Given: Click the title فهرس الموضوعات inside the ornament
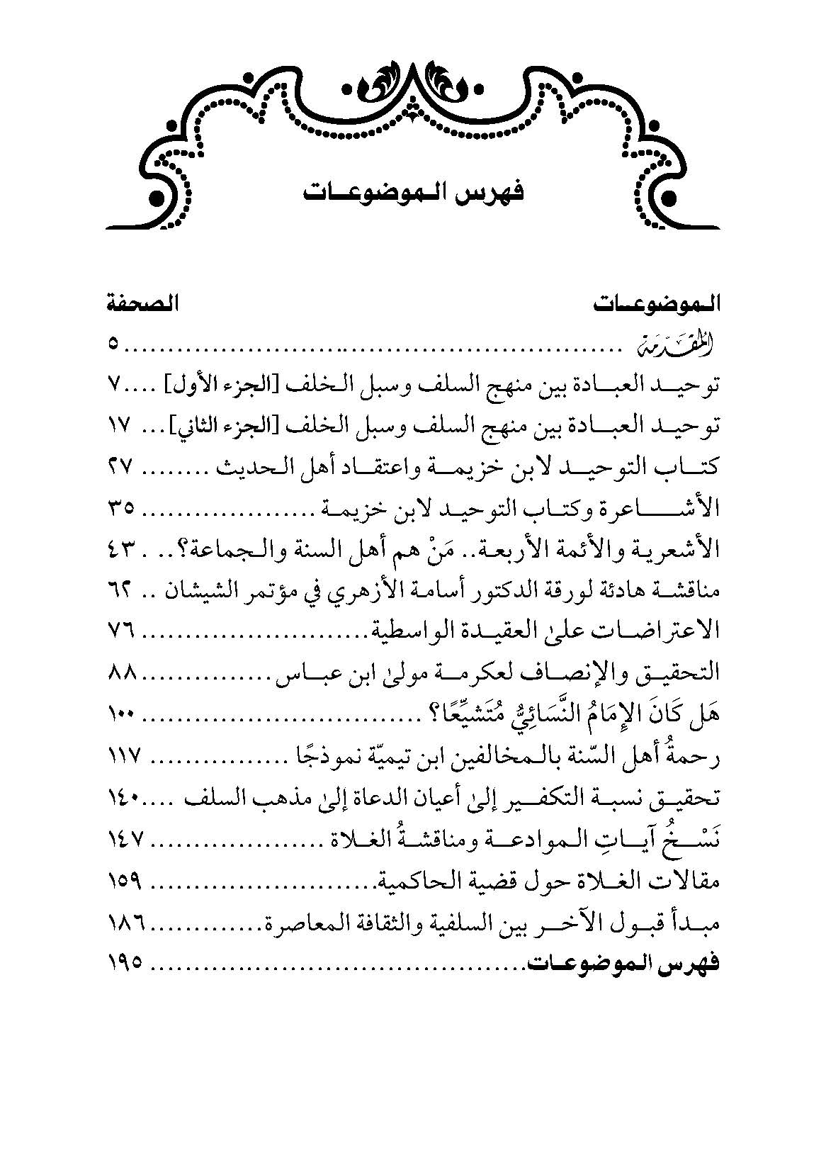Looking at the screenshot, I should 412,193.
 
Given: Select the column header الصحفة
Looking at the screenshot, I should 142,306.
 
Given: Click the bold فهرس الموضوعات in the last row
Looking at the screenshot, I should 621,964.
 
